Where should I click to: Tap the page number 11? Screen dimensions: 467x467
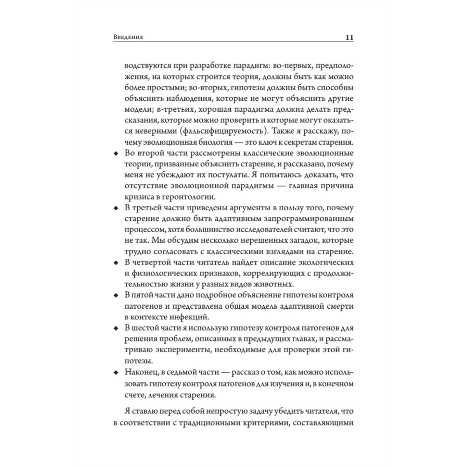(x=349, y=37)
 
